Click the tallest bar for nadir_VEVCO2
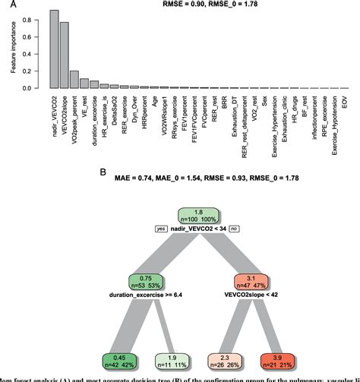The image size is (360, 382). tap(54, 49)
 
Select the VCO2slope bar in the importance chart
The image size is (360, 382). tap(65, 55)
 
